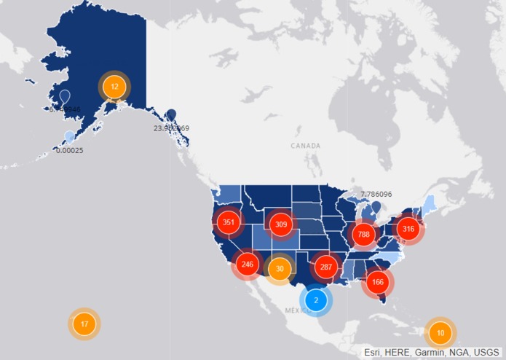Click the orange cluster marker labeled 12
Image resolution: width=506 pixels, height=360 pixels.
tap(114, 87)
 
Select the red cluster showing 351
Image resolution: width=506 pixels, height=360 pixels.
tap(229, 222)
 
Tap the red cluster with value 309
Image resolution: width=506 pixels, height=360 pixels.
tap(281, 224)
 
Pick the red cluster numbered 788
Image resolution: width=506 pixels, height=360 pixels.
tap(363, 234)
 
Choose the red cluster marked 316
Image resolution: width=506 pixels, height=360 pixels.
tap(408, 229)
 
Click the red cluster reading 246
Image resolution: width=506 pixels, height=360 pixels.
tap(248, 264)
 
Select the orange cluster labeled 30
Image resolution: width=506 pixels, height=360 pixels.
tap(280, 269)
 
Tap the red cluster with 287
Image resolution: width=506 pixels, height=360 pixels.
tap(325, 267)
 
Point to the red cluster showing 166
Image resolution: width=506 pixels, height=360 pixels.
tap(377, 281)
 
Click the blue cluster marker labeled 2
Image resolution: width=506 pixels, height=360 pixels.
tap(316, 300)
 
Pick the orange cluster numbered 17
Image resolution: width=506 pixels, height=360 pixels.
tap(84, 324)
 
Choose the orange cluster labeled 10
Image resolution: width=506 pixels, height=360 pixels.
tap(440, 333)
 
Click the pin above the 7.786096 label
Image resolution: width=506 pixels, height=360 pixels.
tap(376, 208)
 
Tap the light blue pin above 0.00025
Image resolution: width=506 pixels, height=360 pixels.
tap(69, 137)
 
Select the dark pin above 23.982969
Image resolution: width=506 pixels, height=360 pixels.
tap(171, 114)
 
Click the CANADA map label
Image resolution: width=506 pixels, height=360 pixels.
tap(305, 146)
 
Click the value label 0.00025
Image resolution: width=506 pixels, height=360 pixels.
tap(70, 150)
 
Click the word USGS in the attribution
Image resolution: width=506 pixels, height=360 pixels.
tap(484, 352)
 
